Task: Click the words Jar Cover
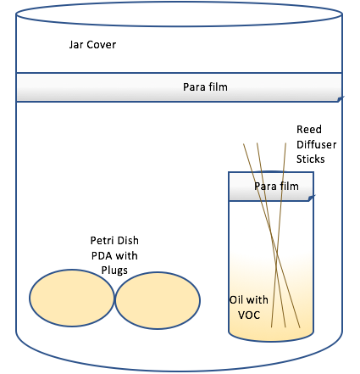click(x=92, y=45)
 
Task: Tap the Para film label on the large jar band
click(x=205, y=87)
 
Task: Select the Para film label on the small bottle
click(x=276, y=187)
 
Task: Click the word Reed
click(x=309, y=130)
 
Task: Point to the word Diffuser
click(x=317, y=144)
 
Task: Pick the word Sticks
click(x=311, y=159)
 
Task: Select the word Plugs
click(x=114, y=271)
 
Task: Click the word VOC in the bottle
click(x=249, y=315)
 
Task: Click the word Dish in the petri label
click(x=128, y=241)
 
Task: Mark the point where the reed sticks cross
click(x=277, y=253)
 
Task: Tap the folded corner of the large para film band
click(x=341, y=98)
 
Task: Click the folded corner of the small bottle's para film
click(x=312, y=198)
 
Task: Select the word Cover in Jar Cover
click(x=102, y=45)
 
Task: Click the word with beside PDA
click(x=126, y=256)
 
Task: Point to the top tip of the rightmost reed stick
click(x=285, y=143)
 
